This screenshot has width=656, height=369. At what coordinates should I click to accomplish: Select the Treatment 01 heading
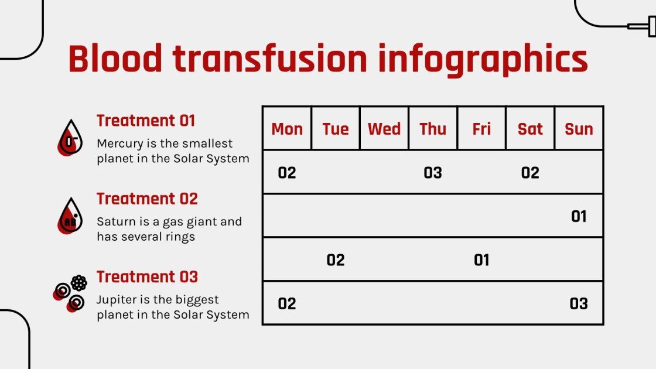[x=146, y=121]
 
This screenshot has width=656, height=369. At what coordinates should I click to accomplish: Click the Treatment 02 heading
[x=147, y=199]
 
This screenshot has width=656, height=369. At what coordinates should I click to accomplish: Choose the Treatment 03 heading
[x=147, y=276]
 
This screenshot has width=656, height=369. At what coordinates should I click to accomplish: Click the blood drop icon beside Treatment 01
[x=70, y=138]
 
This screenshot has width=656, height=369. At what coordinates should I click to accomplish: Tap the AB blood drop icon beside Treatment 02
[x=70, y=216]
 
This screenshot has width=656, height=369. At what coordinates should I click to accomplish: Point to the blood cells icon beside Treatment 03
[x=70, y=293]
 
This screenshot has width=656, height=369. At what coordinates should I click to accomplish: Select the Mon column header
[x=287, y=129]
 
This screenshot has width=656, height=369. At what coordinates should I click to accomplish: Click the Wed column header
[x=384, y=129]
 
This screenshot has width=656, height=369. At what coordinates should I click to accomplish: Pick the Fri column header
[x=481, y=129]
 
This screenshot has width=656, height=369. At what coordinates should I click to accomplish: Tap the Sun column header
[x=579, y=129]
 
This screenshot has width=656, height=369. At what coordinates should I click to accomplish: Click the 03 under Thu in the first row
[x=433, y=173]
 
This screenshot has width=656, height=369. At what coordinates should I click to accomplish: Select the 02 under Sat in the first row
[x=530, y=173]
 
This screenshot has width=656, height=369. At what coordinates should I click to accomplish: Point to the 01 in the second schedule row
[x=579, y=217]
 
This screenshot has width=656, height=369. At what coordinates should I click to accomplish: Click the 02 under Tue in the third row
[x=336, y=260]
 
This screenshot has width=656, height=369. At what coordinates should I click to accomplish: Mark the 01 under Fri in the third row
[x=481, y=260]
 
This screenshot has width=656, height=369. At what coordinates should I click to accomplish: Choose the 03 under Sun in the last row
[x=579, y=303]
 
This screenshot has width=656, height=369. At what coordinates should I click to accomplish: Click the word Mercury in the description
[x=119, y=143]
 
